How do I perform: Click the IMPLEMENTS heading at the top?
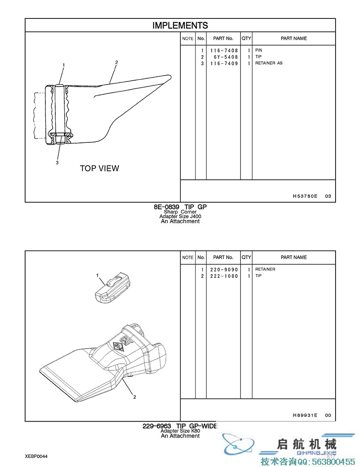tap(180, 26)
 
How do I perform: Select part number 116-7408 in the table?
tap(224, 51)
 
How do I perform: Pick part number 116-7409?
tap(224, 63)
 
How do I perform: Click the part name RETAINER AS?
tap(269, 63)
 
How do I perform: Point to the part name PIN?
tap(258, 51)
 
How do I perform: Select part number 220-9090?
tap(224, 270)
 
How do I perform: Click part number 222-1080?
tap(224, 276)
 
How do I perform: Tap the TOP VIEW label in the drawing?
tap(99, 169)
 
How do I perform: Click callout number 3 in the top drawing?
tap(57, 163)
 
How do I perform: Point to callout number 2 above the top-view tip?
tap(116, 62)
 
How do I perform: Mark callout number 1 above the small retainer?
tap(97, 275)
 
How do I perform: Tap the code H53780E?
tap(305, 196)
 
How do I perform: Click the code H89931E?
tap(305, 415)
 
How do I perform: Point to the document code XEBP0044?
tap(36, 456)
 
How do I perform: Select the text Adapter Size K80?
tap(180, 431)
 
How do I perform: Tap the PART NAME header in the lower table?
tap(294, 257)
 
